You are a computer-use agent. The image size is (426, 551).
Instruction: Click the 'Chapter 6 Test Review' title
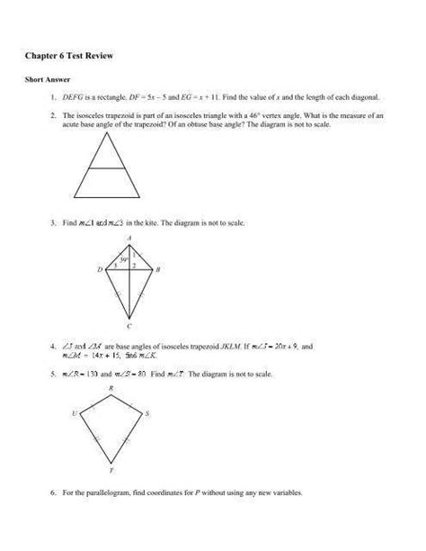point(75,56)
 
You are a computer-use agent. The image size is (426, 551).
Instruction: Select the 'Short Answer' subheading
point(43,79)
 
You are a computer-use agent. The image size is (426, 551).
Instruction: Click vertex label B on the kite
point(159,270)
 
